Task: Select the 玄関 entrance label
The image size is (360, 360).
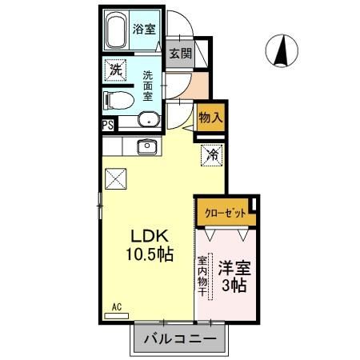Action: [180, 54]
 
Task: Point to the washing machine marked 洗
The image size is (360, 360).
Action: [116, 70]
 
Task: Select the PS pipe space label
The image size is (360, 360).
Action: [107, 124]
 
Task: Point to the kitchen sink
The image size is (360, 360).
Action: [146, 146]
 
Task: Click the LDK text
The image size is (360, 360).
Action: [149, 236]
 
